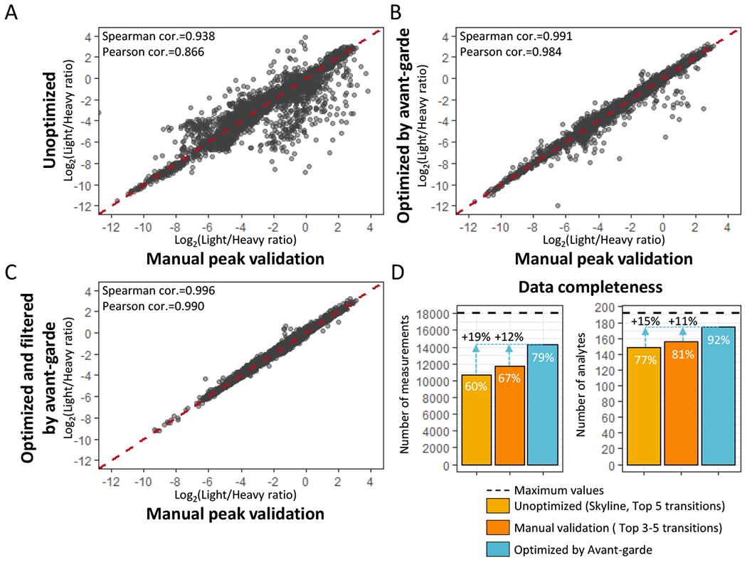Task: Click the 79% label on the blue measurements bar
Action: click(544, 358)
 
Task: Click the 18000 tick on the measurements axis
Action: click(436, 314)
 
